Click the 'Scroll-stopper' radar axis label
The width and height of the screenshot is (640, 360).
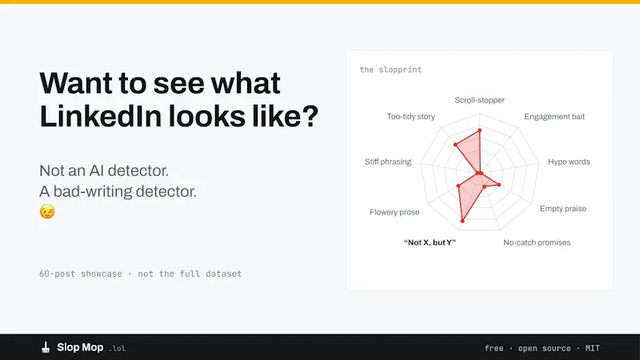(479, 100)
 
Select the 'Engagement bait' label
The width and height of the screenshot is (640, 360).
(554, 117)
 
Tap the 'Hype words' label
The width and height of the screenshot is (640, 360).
(569, 162)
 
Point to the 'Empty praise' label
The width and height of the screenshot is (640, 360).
(563, 209)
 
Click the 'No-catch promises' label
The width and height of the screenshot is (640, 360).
(537, 242)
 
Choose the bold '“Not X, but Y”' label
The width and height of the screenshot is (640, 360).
(430, 242)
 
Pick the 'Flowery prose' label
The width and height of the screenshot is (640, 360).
(394, 212)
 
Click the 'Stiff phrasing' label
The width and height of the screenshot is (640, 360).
(388, 162)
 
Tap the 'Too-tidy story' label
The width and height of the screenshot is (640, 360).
(410, 117)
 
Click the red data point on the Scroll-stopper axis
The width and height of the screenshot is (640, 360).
(479, 130)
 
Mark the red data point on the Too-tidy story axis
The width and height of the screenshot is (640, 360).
(455, 145)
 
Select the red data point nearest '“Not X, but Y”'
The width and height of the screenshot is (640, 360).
(462, 221)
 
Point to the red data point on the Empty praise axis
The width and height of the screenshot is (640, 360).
(498, 185)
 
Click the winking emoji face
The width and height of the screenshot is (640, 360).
(47, 211)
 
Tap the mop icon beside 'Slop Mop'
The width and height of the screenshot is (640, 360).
(46, 347)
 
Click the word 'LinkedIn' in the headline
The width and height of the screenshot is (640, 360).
(101, 116)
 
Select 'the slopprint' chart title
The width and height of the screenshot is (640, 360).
(390, 70)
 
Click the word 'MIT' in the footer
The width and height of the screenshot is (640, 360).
(592, 348)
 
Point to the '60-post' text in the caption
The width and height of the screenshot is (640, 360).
(57, 274)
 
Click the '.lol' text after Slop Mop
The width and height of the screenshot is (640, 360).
(117, 349)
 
